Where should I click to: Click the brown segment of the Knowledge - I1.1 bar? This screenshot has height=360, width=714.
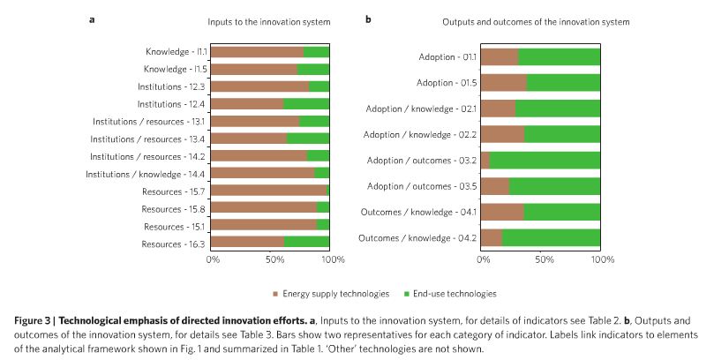pos(257,52)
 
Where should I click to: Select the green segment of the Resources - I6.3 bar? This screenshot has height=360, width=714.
pos(307,242)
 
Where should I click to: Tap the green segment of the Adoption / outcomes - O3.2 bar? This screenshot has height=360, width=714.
pos(545,160)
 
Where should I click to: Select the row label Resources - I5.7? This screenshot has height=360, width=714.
pos(175,191)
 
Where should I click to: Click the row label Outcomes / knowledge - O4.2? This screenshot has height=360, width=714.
pos(417,238)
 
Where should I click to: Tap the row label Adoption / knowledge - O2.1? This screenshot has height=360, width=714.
pos(420,109)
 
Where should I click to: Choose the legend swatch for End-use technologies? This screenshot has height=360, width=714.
pos(407,293)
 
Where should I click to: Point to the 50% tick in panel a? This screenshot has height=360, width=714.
pos(273,260)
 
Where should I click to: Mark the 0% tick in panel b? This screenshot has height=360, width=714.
pos(484,260)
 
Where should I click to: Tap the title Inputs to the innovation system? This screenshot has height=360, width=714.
pos(268,21)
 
